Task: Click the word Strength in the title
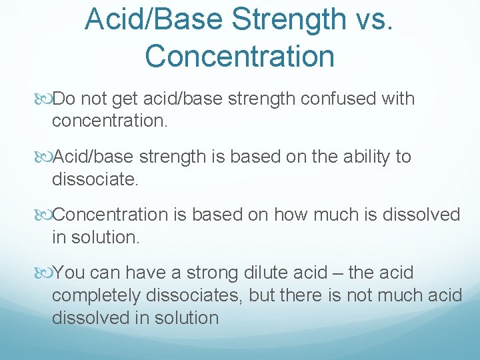pos(279,21)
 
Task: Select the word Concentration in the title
pos(239,56)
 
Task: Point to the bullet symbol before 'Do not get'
pos(45,100)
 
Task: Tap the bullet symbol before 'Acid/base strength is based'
pos(45,158)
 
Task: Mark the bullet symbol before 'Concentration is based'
pos(45,215)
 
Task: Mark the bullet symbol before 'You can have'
pos(45,273)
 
